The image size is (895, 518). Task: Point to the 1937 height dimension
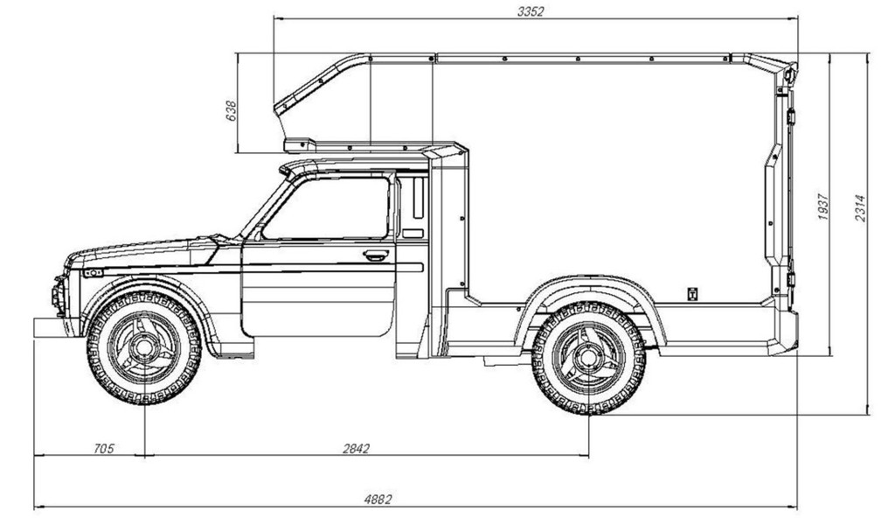point(823,206)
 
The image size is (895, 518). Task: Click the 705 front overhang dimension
point(103,449)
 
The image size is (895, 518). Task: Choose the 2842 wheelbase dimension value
point(356,449)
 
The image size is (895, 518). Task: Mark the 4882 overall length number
point(377,500)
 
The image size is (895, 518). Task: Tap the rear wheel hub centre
point(588,357)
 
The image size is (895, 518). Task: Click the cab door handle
point(376,255)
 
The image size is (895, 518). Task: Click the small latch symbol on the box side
point(690,293)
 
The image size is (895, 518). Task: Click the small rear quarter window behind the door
point(413,206)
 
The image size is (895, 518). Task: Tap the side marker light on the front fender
point(93,272)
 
